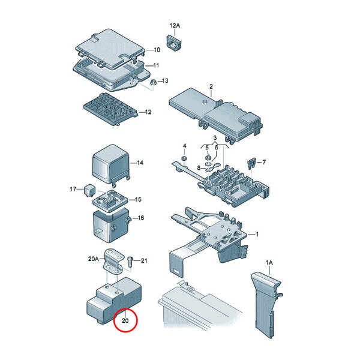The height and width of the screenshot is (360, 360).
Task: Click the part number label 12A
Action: click(175, 25)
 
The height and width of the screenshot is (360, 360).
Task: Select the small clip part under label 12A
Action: click(173, 43)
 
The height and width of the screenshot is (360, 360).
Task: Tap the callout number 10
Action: click(157, 50)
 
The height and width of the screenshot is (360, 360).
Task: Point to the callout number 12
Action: click(148, 112)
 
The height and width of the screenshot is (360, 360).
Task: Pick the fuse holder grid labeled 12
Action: click(111, 109)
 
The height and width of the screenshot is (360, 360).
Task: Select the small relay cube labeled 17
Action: click(89, 190)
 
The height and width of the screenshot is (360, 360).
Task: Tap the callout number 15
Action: click(138, 200)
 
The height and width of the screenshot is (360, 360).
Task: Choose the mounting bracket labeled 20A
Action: click(113, 261)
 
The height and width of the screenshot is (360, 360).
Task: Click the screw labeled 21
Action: click(130, 262)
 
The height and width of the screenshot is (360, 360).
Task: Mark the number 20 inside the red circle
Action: click(125, 320)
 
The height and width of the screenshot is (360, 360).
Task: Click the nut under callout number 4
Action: click(184, 158)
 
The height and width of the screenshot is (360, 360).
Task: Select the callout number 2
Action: click(211, 86)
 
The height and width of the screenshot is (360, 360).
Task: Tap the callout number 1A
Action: click(269, 262)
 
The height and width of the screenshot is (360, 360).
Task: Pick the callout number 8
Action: click(199, 168)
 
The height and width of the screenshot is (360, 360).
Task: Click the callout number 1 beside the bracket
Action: click(257, 234)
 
